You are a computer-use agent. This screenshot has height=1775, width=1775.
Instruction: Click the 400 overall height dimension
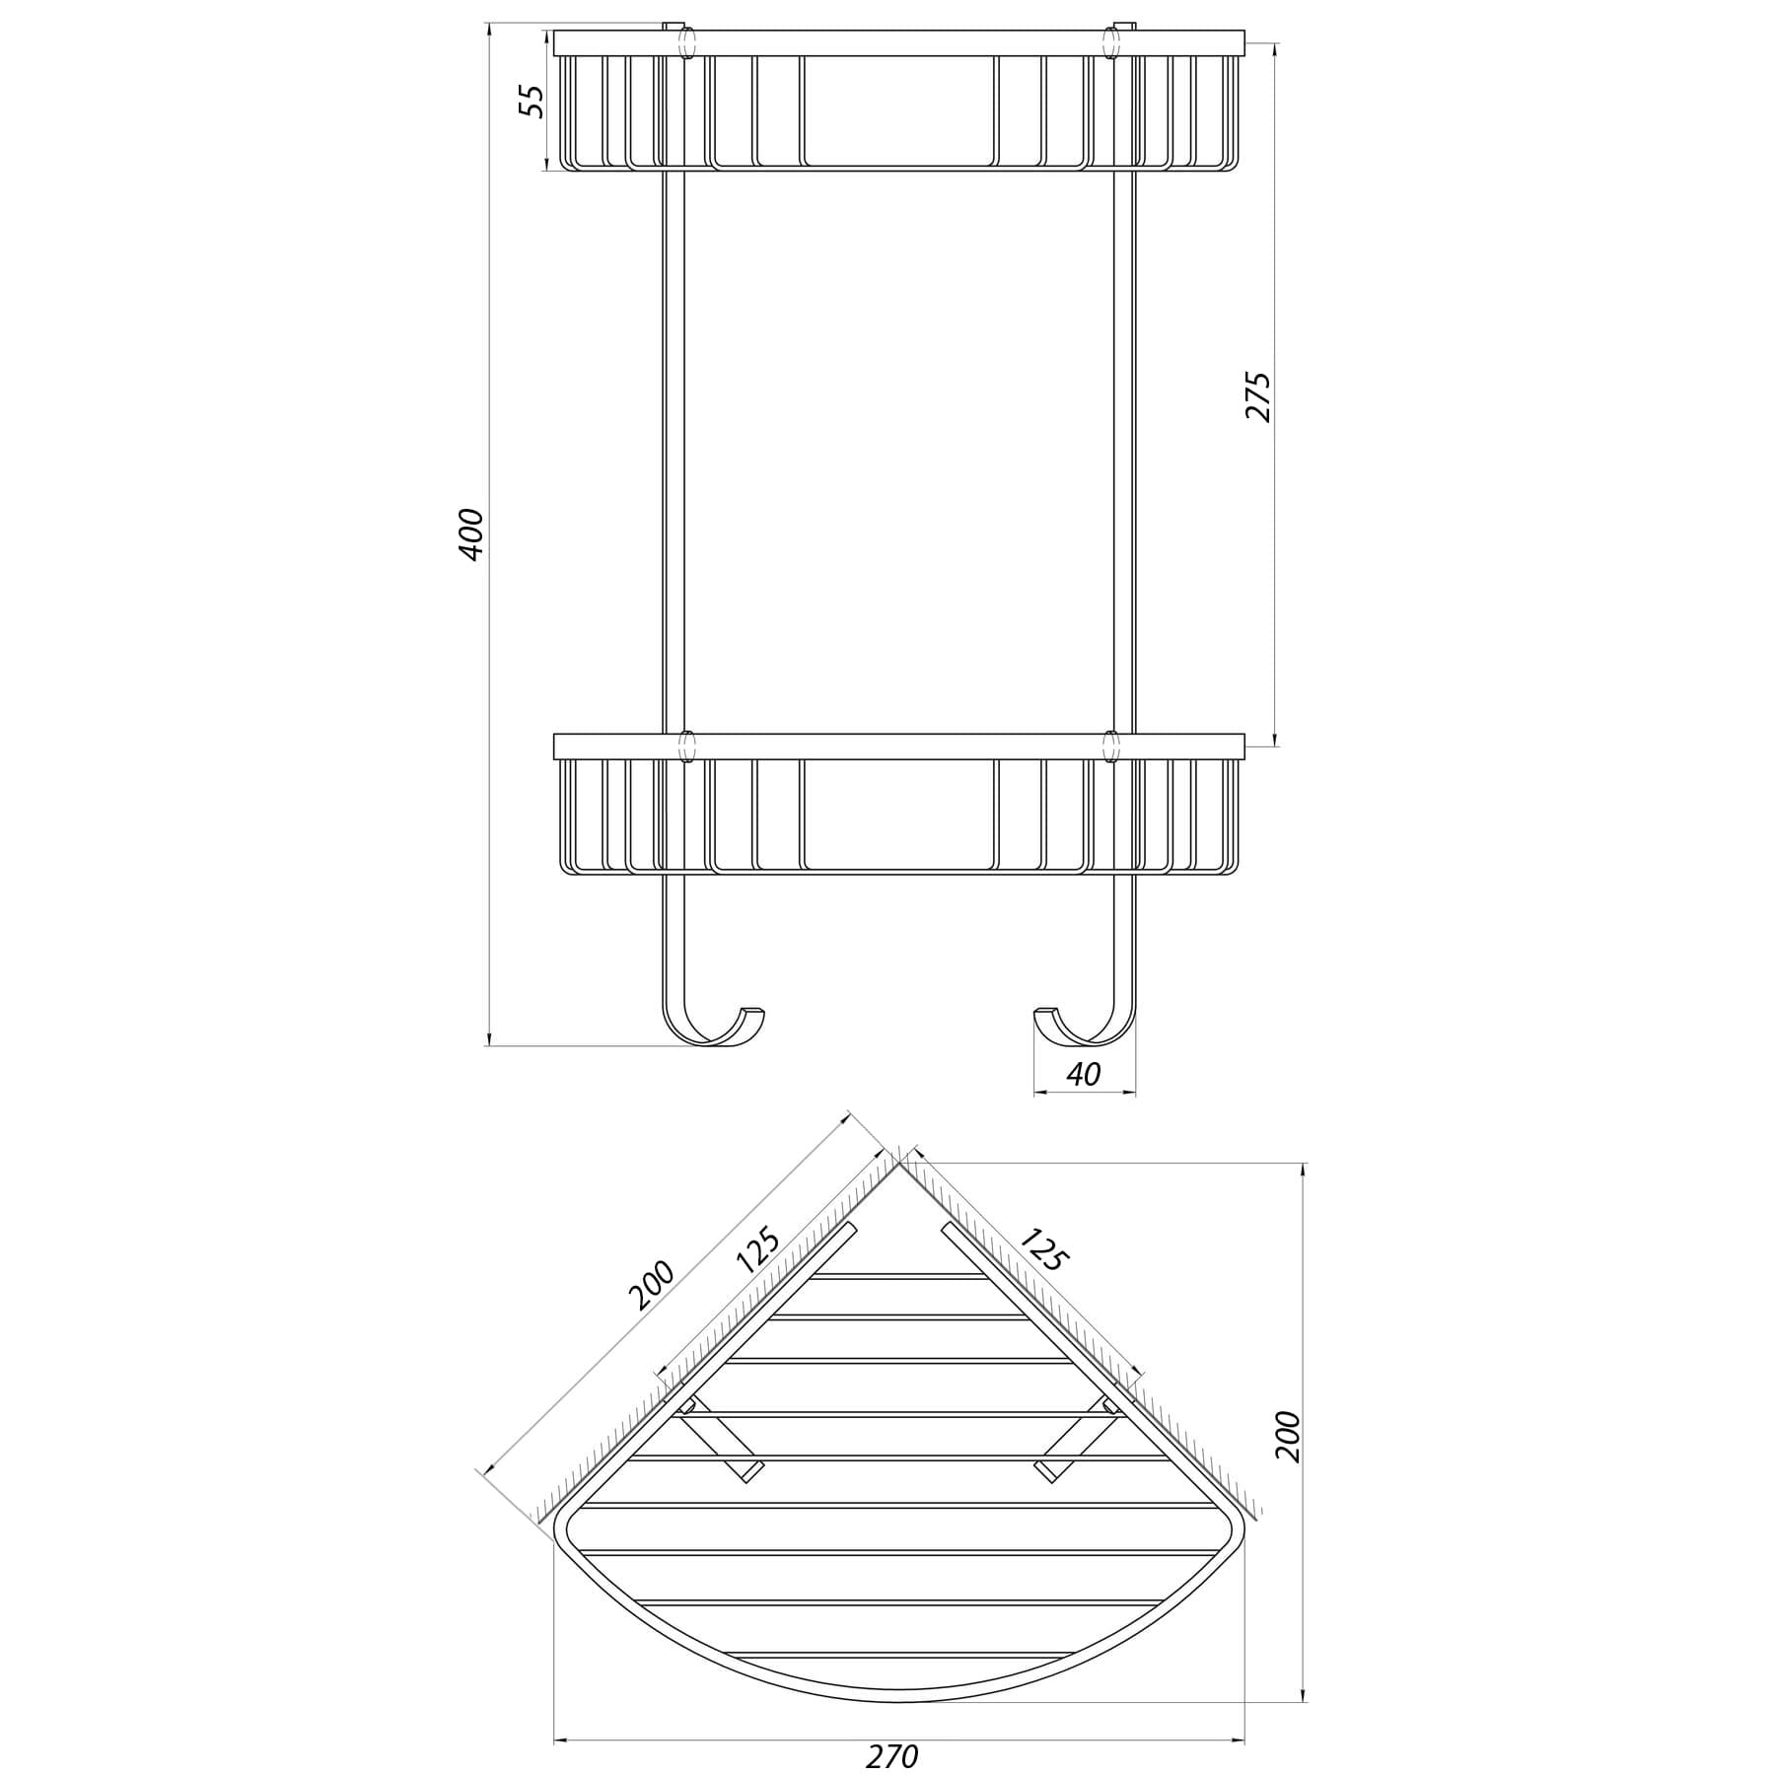tap(472, 533)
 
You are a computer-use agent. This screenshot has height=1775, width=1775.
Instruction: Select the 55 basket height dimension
tap(532, 101)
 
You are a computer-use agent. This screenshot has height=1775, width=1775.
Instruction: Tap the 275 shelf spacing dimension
tap(1258, 396)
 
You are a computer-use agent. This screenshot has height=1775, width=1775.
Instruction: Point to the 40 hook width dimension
tap(1083, 1074)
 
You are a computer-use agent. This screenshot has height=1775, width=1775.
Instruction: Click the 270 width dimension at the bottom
tap(892, 1756)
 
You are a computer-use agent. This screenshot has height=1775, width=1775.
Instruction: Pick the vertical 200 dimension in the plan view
tap(1288, 1437)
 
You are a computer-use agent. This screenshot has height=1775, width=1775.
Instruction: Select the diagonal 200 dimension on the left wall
tap(652, 1285)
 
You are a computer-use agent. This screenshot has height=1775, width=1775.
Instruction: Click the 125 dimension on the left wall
tap(758, 1250)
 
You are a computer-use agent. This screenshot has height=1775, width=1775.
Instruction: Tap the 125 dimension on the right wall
tap(1042, 1248)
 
